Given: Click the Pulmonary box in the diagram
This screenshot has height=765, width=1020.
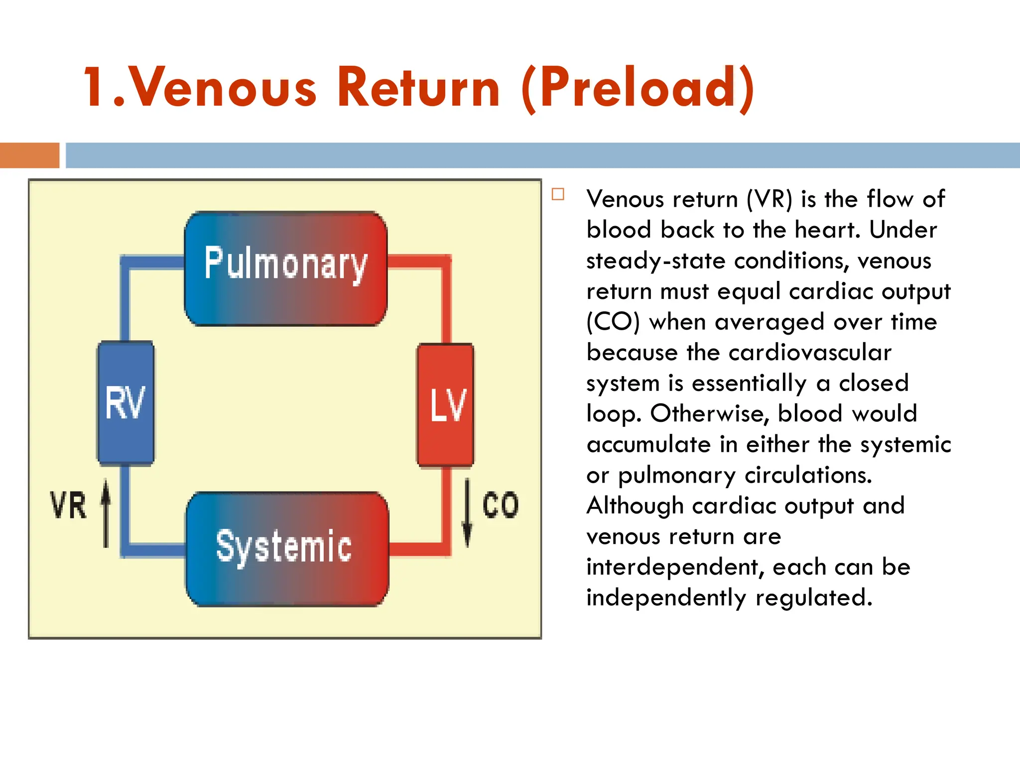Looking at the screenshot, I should [x=285, y=268].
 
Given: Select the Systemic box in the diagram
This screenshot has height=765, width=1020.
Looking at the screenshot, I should [x=287, y=548].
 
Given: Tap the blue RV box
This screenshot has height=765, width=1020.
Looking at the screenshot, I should [x=126, y=403].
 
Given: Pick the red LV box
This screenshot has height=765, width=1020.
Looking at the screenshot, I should [x=446, y=405].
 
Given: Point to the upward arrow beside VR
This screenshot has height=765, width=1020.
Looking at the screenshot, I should [x=106, y=513].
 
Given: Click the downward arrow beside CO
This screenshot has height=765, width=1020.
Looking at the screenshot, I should [x=467, y=513].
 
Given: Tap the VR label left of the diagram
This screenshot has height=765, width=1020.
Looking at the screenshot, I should [x=68, y=505].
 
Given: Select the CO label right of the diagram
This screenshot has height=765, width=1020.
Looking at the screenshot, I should [x=501, y=505].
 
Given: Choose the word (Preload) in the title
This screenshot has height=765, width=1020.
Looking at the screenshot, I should [x=638, y=88].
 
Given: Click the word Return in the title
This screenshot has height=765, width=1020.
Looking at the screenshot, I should [x=418, y=88].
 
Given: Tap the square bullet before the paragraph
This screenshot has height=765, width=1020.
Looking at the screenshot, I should [x=558, y=194].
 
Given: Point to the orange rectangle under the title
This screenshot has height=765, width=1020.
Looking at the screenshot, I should [x=29, y=155].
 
